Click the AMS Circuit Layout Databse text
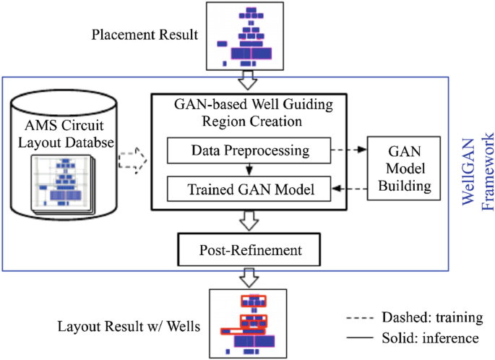click(x=66, y=133)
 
